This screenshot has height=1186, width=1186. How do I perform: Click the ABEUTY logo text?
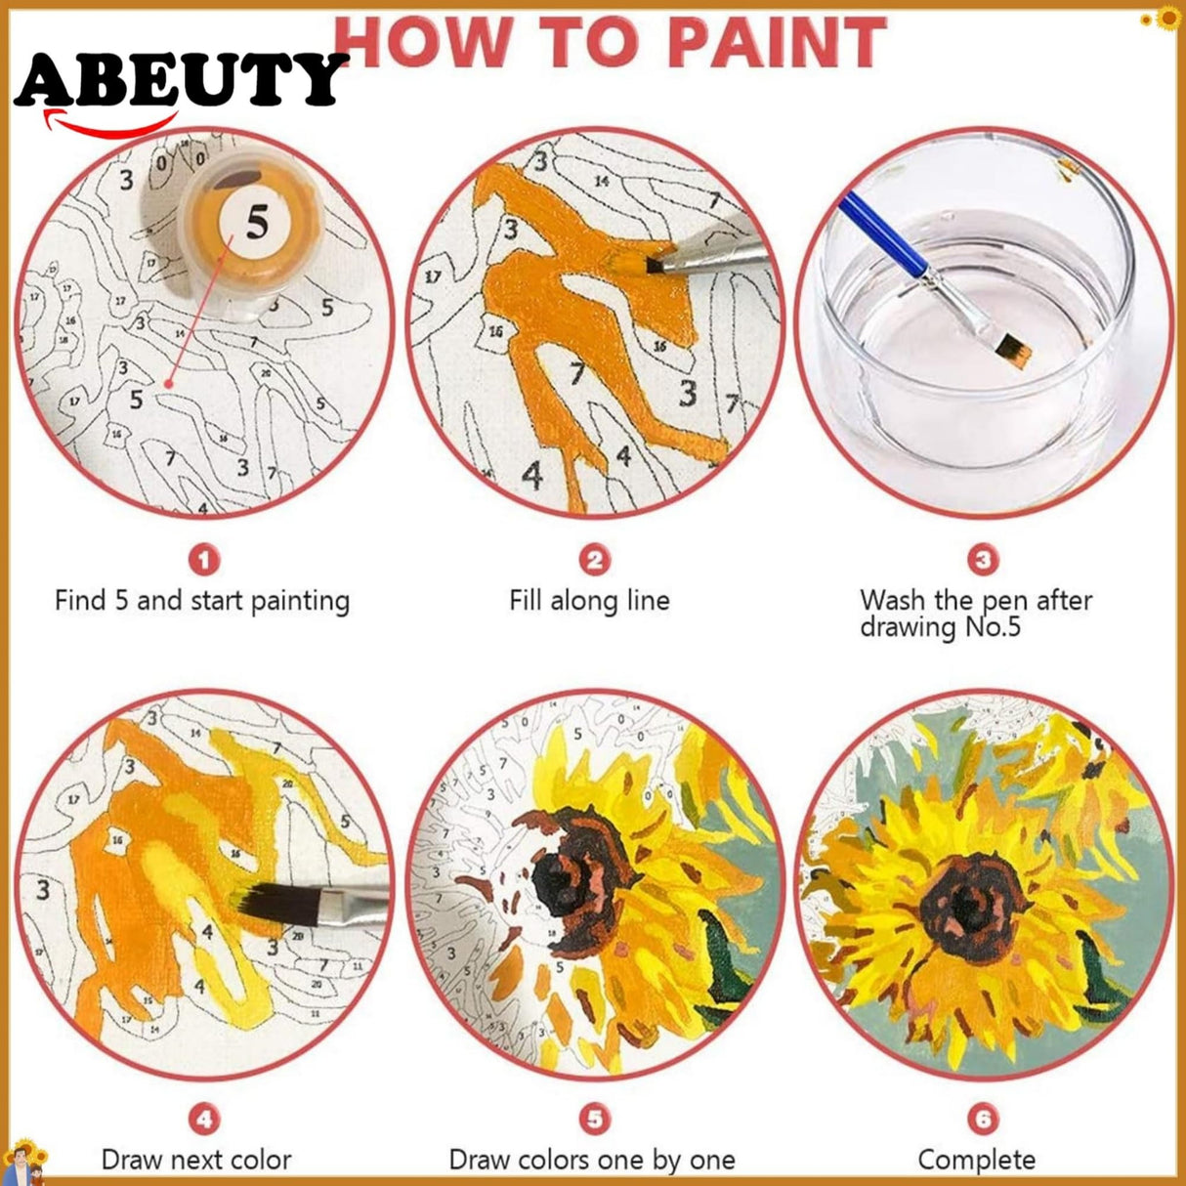181,80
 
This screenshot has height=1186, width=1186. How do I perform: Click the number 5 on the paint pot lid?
256,223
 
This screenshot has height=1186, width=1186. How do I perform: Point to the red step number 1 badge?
203,560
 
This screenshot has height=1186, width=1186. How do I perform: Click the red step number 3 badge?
983,560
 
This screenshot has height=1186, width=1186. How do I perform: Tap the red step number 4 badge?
203,1120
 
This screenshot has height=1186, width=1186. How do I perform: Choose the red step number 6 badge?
983,1120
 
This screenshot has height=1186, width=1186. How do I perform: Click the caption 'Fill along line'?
589,600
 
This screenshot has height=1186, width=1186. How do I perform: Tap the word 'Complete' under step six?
976,1160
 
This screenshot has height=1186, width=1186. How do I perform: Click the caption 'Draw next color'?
196,1160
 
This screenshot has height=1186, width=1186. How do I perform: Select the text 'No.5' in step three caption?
993,626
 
